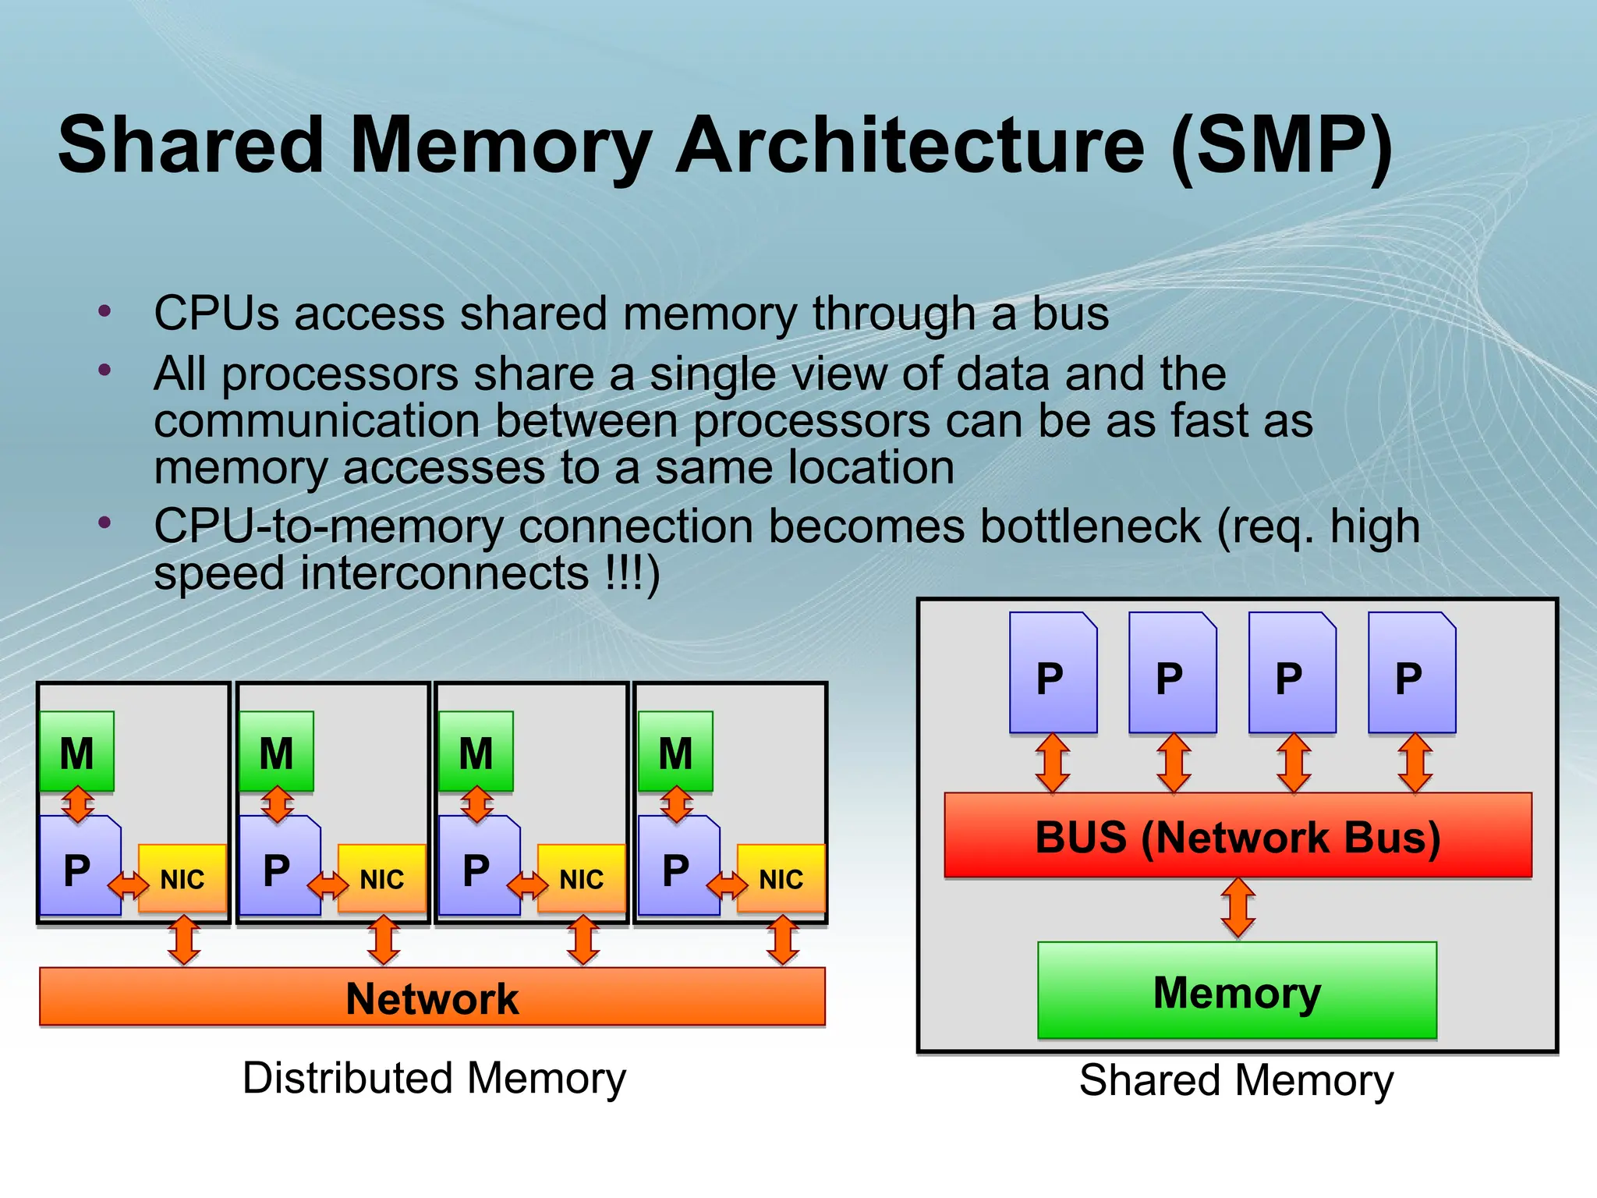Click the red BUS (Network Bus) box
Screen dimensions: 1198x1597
pos(1238,835)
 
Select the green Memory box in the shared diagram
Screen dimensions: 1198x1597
pos(1237,991)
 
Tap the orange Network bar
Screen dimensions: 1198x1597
pos(432,997)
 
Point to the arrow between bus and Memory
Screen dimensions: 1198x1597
pos(1238,909)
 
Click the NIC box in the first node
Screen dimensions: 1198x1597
pos(182,878)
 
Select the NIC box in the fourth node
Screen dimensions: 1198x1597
pos(781,878)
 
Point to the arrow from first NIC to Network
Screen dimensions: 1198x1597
pos(184,941)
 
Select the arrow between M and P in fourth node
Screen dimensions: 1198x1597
pos(676,804)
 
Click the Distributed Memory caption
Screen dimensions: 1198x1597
pos(434,1078)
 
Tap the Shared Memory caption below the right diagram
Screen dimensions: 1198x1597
pos(1237,1080)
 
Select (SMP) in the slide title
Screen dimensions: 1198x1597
pos(1282,146)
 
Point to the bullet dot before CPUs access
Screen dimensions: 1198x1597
pos(105,312)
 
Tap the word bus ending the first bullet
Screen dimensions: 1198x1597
pos(1070,314)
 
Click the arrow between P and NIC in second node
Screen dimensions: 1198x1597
pos(328,885)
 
